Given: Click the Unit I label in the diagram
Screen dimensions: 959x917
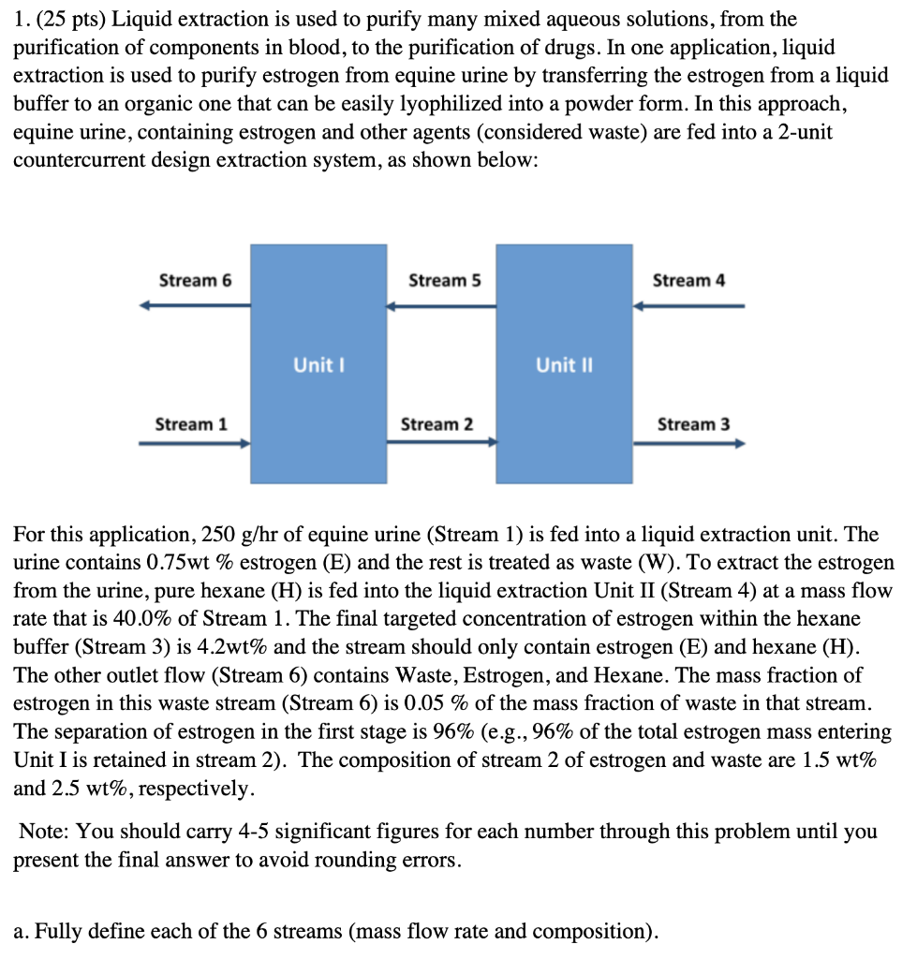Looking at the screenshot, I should click(x=318, y=365).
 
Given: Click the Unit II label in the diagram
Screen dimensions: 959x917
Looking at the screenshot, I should click(x=563, y=365).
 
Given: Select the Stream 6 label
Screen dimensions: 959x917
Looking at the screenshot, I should click(x=195, y=281).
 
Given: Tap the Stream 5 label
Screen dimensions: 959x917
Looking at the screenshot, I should click(x=445, y=281).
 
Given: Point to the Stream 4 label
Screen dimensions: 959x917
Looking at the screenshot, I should click(x=688, y=281).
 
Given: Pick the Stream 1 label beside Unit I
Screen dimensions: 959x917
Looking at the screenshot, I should click(x=190, y=424).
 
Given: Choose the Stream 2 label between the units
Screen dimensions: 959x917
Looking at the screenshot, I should click(x=436, y=424).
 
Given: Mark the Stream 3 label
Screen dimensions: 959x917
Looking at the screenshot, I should click(x=693, y=424).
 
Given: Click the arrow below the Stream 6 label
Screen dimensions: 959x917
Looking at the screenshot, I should click(x=195, y=305).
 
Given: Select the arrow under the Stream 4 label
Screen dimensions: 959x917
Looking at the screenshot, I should click(x=688, y=305).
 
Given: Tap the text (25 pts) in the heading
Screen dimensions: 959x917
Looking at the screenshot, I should click(x=72, y=18).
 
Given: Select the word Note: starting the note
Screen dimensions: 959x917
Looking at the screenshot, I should click(x=41, y=832).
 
